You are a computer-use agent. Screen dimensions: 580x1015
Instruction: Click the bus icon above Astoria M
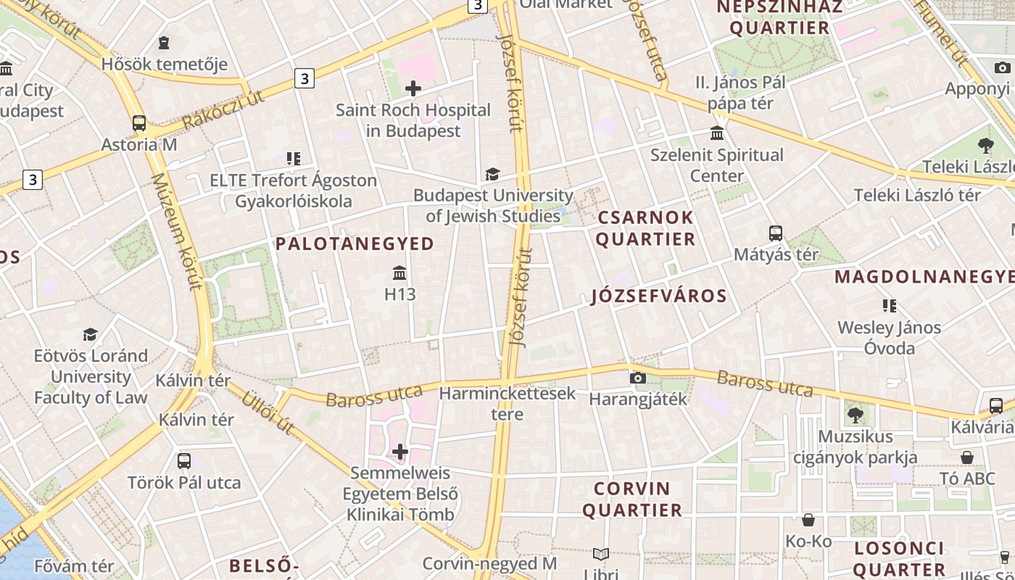pyautogui.click(x=139, y=123)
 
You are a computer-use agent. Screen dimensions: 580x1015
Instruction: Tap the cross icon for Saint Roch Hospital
pyautogui.click(x=413, y=88)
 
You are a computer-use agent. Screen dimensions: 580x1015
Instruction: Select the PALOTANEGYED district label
pyautogui.click(x=355, y=244)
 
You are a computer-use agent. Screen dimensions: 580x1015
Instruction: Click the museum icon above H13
pyautogui.click(x=399, y=273)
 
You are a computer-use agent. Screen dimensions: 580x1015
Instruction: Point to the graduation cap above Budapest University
pyautogui.click(x=492, y=174)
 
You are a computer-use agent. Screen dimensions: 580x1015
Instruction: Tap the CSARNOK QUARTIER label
pyautogui.click(x=645, y=228)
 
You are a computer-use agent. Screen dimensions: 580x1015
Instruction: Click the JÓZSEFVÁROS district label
pyautogui.click(x=658, y=296)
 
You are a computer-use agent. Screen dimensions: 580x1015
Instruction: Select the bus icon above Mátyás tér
pyautogui.click(x=776, y=233)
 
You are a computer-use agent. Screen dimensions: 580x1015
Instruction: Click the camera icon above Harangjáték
pyautogui.click(x=638, y=378)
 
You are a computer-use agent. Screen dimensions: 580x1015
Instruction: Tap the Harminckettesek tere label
pyautogui.click(x=507, y=404)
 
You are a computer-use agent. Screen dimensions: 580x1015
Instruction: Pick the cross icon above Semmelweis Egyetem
pyautogui.click(x=400, y=452)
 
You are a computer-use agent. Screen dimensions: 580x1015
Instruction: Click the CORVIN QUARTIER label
pyautogui.click(x=632, y=499)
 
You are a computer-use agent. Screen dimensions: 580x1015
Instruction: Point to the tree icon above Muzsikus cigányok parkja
pyautogui.click(x=855, y=415)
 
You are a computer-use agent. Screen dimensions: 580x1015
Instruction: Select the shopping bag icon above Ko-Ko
pyautogui.click(x=808, y=520)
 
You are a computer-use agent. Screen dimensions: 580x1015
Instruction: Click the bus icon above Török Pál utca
pyautogui.click(x=184, y=460)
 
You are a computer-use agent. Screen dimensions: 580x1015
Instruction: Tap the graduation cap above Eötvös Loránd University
pyautogui.click(x=90, y=334)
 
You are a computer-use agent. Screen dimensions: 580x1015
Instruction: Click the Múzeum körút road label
pyautogui.click(x=176, y=232)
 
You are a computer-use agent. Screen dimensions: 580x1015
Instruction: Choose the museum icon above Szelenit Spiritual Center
pyautogui.click(x=717, y=133)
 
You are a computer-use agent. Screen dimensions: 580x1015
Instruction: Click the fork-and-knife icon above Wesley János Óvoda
pyautogui.click(x=889, y=306)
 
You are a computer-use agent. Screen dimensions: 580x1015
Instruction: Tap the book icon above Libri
pyautogui.click(x=600, y=555)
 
